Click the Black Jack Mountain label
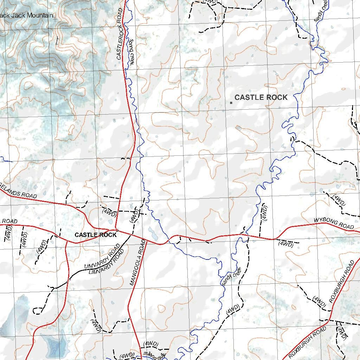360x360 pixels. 27,15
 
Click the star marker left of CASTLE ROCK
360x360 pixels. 231,103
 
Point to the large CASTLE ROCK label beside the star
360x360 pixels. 261,97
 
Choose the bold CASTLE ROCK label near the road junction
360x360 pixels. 95,235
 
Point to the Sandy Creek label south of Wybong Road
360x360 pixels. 231,276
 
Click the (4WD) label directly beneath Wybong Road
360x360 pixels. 285,244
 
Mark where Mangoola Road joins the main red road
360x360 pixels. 145,240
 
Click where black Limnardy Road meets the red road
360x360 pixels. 68,279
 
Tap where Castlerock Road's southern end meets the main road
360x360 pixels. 116,231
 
